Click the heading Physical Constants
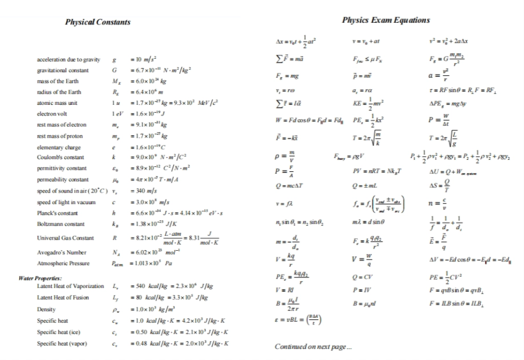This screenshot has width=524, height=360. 98,22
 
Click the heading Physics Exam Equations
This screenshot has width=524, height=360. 386,20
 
